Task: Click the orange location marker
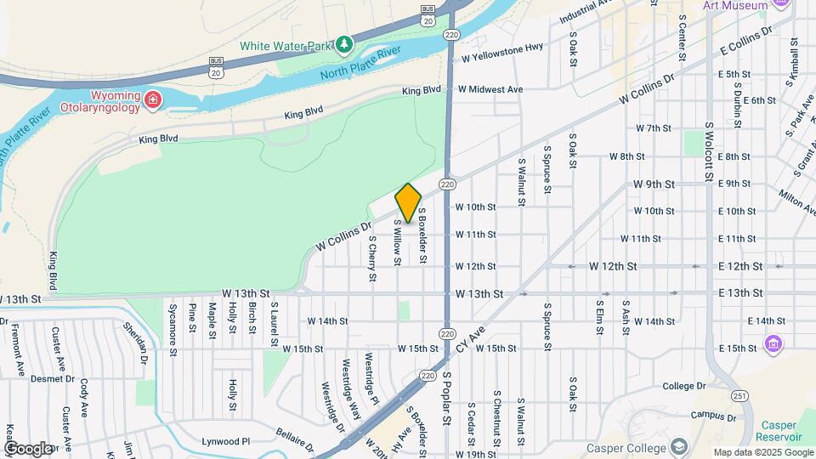[x=408, y=202]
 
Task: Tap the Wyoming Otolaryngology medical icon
[x=153, y=100]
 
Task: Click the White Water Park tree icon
[x=343, y=43]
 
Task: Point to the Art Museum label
[x=735, y=5]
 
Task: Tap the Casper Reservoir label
[x=779, y=430]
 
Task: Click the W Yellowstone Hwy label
[x=502, y=58]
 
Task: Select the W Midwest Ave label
[x=490, y=89]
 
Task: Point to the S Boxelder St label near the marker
[x=422, y=239]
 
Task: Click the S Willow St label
[x=397, y=242]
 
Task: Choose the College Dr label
[x=679, y=386]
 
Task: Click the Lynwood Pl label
[x=225, y=441]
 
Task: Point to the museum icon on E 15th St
[x=773, y=343]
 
